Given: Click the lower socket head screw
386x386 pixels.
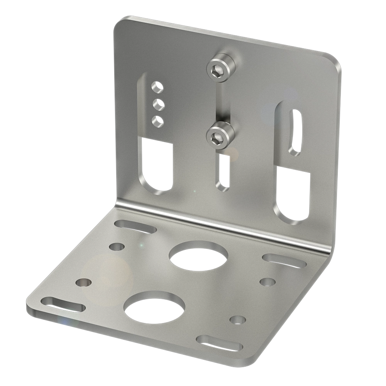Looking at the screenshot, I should click(220, 135).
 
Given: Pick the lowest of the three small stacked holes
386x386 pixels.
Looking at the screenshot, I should click(157, 120).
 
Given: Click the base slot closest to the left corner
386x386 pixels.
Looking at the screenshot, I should click(64, 305).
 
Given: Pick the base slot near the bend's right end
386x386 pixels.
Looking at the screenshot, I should click(284, 260).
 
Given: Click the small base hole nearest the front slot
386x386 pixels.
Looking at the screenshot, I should click(237, 320).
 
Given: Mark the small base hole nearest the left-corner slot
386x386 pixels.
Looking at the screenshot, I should click(84, 283).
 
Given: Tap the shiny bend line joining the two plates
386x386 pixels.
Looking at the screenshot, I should click(224, 224).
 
